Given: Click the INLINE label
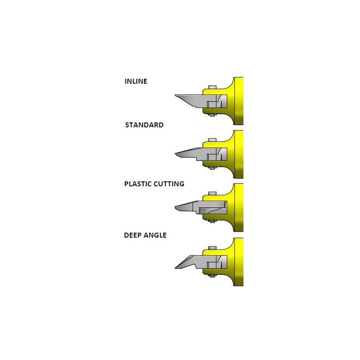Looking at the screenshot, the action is (x=136, y=81).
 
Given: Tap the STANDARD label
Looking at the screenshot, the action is (x=144, y=125).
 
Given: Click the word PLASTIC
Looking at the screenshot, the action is (x=138, y=184).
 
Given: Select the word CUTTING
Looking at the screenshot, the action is (x=169, y=184).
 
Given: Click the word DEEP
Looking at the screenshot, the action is (x=132, y=235).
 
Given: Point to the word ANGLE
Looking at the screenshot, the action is (x=155, y=235).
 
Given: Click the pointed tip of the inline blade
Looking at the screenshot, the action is (x=175, y=95).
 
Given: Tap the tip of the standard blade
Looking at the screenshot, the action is (x=175, y=153).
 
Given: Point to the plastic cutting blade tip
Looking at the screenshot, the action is (x=175, y=207).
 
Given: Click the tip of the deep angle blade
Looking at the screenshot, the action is (x=175, y=268).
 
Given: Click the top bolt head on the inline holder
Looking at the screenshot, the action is (x=212, y=87).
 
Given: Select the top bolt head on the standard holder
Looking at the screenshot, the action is (x=212, y=140).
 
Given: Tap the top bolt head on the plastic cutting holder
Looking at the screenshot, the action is (x=212, y=193).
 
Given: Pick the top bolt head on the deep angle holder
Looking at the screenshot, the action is (x=212, y=248).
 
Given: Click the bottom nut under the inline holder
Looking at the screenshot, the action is (x=212, y=115).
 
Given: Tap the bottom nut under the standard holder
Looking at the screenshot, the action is (x=212, y=168).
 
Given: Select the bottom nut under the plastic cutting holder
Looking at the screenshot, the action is (x=212, y=221).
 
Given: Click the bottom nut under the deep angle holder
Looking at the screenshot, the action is (x=212, y=276).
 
